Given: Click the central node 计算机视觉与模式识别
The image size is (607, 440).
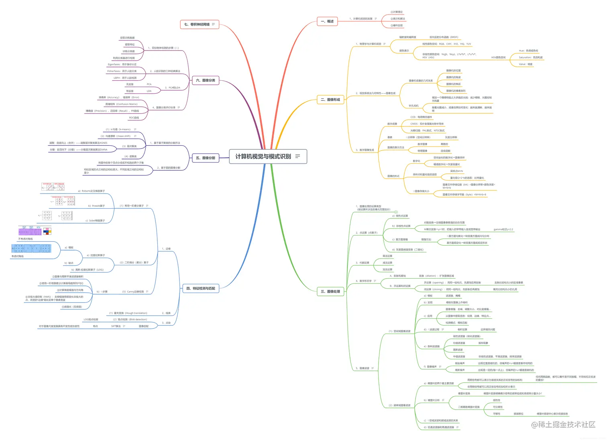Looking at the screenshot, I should (263, 157).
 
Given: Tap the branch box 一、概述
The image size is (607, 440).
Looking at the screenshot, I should (327, 21).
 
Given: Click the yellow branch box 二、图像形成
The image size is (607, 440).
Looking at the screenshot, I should (330, 100).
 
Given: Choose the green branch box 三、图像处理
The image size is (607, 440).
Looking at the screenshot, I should (330, 291).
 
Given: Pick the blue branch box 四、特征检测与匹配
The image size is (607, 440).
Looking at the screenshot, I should (201, 288).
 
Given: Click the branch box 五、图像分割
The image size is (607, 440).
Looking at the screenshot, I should (206, 158).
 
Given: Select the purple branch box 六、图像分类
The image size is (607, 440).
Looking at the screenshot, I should (206, 80).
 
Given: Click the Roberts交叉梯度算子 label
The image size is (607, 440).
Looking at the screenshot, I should (91, 191).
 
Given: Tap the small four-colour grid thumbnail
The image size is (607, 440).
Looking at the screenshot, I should (47, 231).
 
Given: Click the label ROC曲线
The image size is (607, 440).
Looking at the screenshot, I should (134, 118).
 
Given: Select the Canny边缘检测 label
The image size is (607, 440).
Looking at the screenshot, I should (132, 291).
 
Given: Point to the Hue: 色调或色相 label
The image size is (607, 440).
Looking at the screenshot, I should (528, 51).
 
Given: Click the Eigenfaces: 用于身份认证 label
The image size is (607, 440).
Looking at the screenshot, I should (122, 64).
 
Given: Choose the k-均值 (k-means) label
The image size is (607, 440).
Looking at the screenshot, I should (118, 129).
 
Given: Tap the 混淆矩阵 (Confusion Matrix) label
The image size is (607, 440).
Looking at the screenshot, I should (121, 104).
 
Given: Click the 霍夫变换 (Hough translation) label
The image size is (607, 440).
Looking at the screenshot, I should (128, 313).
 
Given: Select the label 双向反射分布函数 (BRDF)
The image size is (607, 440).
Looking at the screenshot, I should (444, 37).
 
